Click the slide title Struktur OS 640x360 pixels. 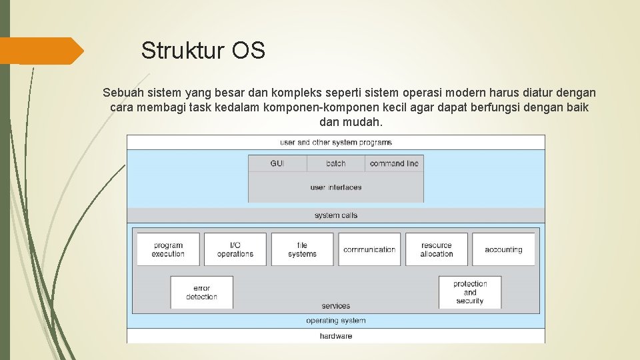coord(203,51)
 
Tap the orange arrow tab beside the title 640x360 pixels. coord(41,51)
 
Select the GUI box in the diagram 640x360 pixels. coord(277,163)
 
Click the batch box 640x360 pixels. coord(336,163)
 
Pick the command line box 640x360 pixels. coord(394,163)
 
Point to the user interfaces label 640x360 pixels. coord(336,187)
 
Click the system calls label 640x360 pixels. coord(336,215)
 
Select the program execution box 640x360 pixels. coord(168,249)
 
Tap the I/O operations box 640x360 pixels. coord(235,249)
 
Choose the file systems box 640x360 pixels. coord(302,249)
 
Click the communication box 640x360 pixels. coord(369,249)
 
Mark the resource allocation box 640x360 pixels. coord(437,249)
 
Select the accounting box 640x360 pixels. coord(503,249)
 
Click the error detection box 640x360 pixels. coord(201,293)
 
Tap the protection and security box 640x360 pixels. coord(470,292)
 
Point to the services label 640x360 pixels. coord(336,306)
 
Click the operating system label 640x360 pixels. coord(336,321)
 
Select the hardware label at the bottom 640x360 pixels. coord(336,336)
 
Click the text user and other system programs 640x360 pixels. coord(336,142)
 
